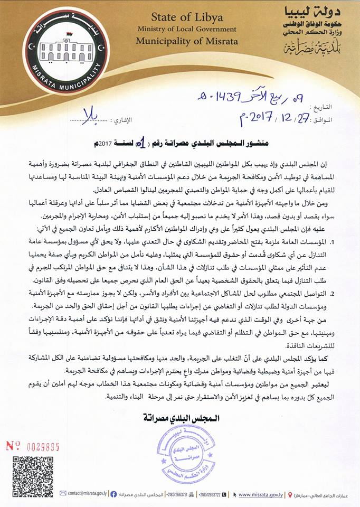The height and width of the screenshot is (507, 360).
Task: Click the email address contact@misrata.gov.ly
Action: [84, 493]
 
